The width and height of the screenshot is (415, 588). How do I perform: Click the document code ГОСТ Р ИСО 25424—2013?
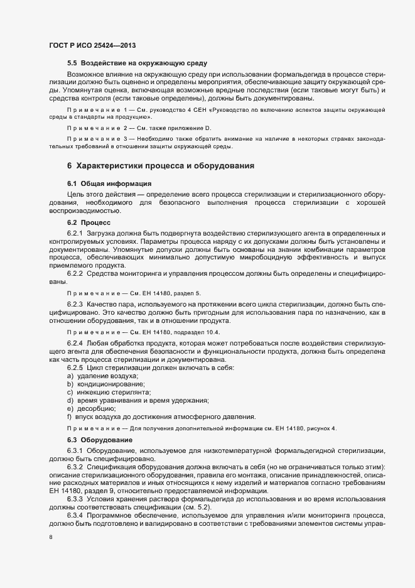[92, 45]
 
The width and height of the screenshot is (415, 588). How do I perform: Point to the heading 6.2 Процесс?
[89, 222]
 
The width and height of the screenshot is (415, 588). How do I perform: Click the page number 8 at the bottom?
[51, 537]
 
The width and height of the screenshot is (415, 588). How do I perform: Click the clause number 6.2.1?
[75, 233]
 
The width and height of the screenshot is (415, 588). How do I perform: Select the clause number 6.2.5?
[75, 367]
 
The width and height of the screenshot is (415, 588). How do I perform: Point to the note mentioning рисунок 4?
[201, 428]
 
